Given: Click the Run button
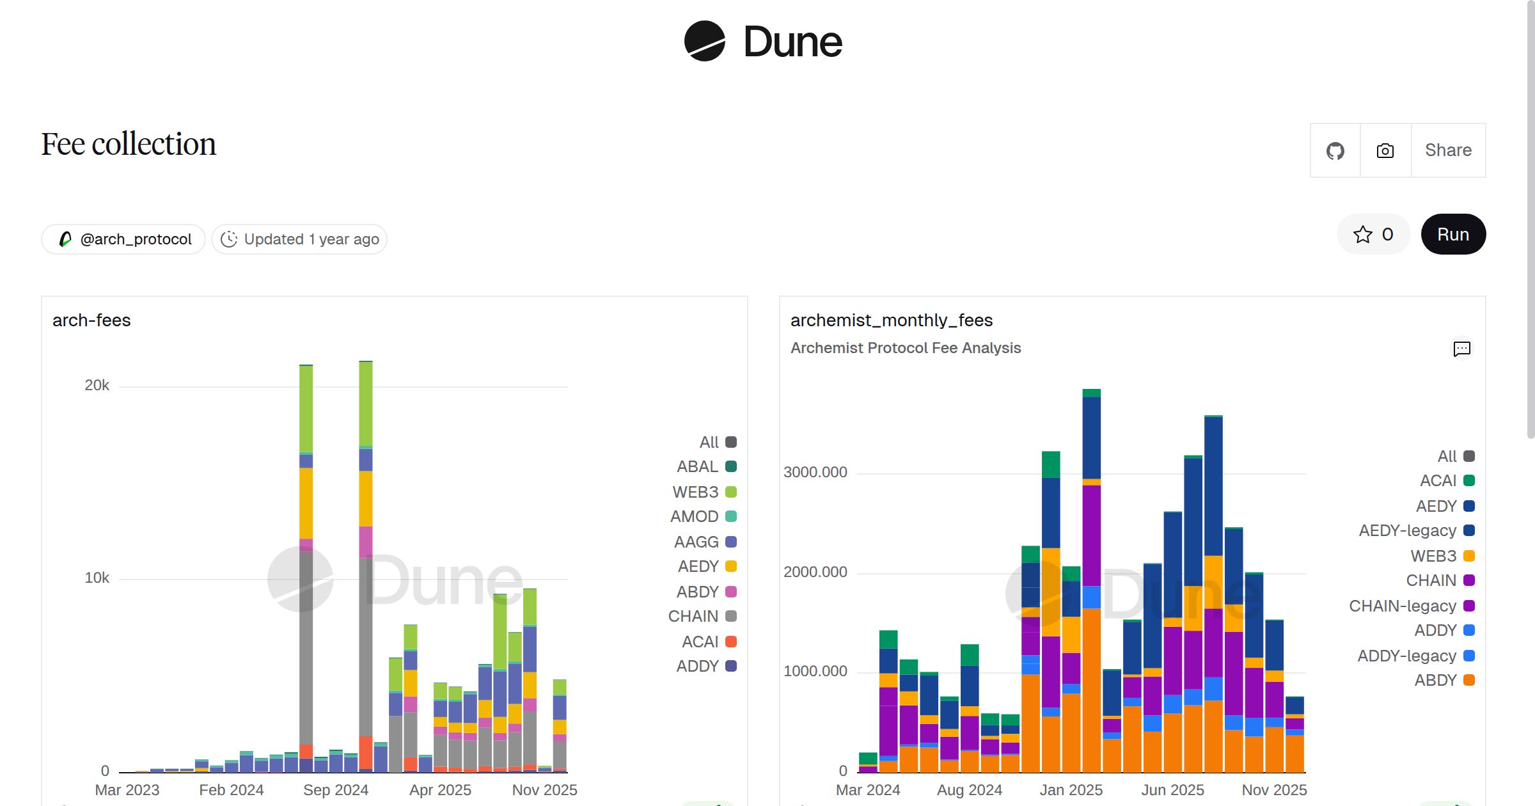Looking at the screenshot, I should pyautogui.click(x=1452, y=234).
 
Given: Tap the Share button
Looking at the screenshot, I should pyautogui.click(x=1448, y=150).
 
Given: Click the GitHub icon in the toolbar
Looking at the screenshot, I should pyautogui.click(x=1335, y=151).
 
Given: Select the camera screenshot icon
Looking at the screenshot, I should pyautogui.click(x=1385, y=151).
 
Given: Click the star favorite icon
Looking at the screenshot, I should pyautogui.click(x=1362, y=234).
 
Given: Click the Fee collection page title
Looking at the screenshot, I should pyautogui.click(x=129, y=144).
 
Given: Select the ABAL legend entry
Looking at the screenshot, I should pyautogui.click(x=706, y=466).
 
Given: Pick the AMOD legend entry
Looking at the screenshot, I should pyautogui.click(x=703, y=516).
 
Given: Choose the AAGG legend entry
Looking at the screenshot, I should pyautogui.click(x=705, y=542).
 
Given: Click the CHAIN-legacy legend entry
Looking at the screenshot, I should pyautogui.click(x=1411, y=606).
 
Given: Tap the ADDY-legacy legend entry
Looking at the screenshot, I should pyautogui.click(x=1415, y=656).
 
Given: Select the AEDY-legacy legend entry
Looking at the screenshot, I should pyautogui.click(x=1416, y=530).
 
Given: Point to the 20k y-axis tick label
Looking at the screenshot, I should pyautogui.click(x=97, y=385).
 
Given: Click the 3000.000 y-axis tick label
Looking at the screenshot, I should pyautogui.click(x=815, y=472).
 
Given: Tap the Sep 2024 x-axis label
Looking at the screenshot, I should pyautogui.click(x=336, y=790).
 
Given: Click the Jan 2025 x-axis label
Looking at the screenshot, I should pyautogui.click(x=1071, y=790).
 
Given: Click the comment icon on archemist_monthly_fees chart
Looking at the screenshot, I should pyautogui.click(x=1462, y=349).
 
